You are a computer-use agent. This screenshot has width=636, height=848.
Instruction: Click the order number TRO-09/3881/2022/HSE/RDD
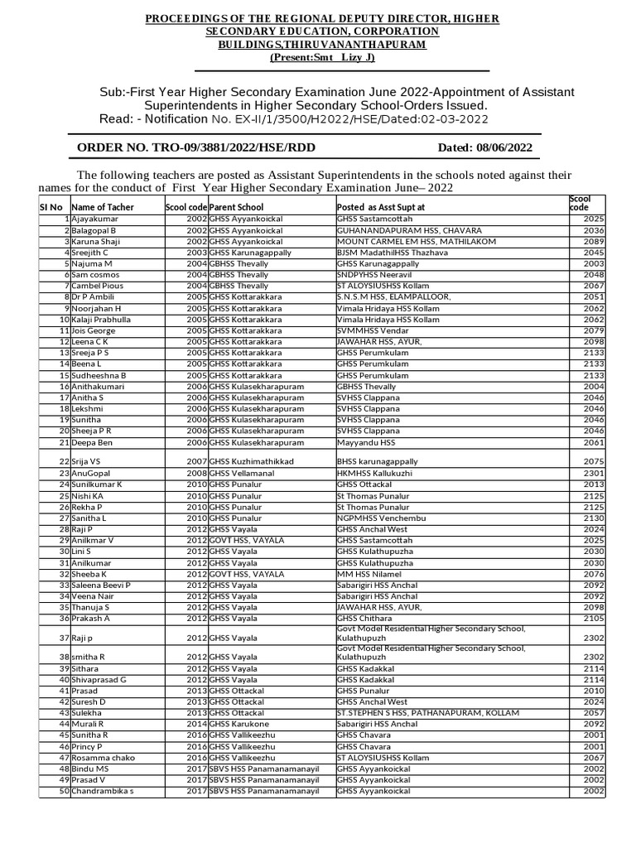pos(196,148)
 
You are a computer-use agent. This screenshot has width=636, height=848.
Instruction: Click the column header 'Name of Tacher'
pos(103,207)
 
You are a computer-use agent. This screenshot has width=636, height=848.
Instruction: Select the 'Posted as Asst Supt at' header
pos(381,207)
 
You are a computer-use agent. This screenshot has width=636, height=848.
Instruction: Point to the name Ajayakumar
pos(97,219)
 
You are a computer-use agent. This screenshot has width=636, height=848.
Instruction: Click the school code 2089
pos(594,241)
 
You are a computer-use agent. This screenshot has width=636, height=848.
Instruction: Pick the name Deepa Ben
pos(94,443)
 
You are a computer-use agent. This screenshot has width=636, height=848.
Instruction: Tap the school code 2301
pos(594,473)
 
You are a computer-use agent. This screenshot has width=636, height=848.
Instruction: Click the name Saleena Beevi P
pos(102,585)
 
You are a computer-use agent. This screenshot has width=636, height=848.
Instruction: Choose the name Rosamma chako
pos(104,758)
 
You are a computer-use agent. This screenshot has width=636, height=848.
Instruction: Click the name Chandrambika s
pos(103,792)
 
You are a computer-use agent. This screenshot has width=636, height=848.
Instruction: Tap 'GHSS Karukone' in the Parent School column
pos(241,724)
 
